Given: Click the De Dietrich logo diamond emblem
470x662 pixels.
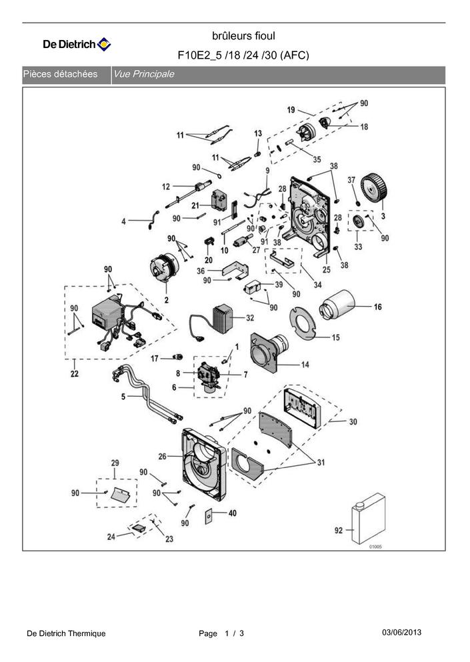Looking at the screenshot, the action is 104,44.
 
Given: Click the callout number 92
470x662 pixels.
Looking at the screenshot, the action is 339,530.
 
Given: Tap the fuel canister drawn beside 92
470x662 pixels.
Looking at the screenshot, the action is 368,519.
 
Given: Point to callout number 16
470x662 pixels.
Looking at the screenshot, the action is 377,307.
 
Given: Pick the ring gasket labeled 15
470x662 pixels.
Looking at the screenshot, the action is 303,323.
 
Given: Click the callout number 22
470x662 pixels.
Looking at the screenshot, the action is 74,373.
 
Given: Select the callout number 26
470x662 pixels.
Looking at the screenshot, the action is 163,456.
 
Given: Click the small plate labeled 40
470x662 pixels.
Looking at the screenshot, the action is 209,516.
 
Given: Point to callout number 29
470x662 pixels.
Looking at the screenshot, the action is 115,463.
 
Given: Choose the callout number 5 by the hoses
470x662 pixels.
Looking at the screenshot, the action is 123,397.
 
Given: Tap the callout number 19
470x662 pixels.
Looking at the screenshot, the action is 291,110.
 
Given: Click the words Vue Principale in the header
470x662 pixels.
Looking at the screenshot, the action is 143,74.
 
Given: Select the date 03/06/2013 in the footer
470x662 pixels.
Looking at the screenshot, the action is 401,632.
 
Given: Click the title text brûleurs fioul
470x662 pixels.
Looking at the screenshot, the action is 243,36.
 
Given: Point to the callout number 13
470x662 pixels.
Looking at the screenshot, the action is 258,133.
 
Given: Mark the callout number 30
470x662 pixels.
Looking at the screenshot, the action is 353,421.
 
